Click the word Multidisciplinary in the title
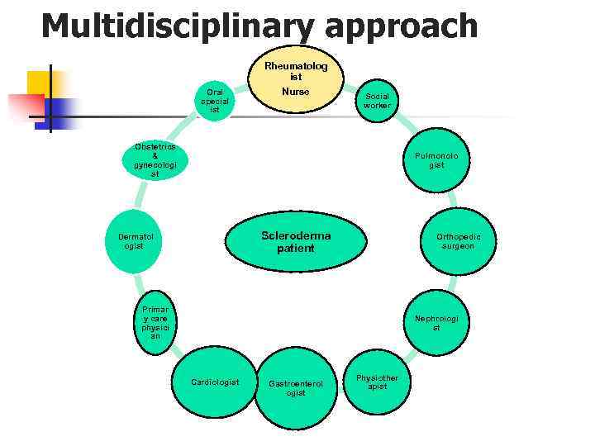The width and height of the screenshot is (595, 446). pos(176,26)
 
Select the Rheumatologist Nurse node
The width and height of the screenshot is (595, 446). pos(296,78)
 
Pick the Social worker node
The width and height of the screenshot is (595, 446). pos(378,100)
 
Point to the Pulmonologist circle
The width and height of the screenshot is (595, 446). pos(436,160)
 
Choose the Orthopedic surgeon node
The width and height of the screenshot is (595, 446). pos(458,240)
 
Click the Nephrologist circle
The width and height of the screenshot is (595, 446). pos(436,323)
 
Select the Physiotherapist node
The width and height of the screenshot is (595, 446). pos(377,382)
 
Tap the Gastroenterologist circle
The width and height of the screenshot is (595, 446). pos(296,387)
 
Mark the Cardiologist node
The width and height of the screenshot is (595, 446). pos(215,382)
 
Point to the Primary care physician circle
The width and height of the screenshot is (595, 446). pos(155,323)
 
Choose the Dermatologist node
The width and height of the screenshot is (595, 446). pos(136,240)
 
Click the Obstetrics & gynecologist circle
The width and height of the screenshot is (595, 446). pos(155,160)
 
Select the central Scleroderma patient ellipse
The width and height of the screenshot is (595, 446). pos(296,241)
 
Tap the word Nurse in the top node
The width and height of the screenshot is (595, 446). pos(296,92)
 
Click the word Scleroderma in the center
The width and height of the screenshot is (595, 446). pos(296,235)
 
